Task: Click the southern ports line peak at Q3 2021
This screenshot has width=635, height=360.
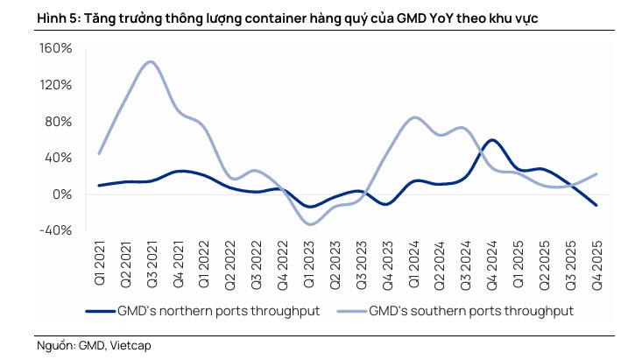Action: click(151, 61)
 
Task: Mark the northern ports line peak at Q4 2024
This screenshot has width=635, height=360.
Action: click(491, 140)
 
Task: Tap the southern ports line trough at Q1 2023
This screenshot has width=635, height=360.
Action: click(308, 224)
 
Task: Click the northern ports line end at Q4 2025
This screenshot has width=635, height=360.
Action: click(596, 206)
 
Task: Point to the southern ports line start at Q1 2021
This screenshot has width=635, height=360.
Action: click(99, 153)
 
